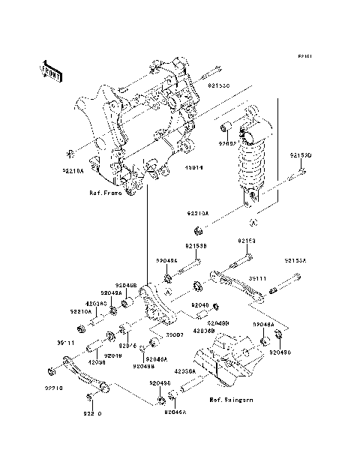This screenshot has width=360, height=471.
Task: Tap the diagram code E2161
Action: tap(303, 56)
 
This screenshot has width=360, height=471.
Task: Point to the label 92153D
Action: tap(300, 156)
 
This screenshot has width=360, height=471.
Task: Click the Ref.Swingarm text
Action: tap(231, 400)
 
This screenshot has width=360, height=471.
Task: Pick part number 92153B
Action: tap(196, 245)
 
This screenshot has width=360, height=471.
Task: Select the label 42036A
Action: tap(184, 370)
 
